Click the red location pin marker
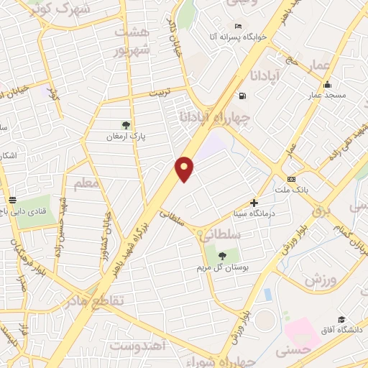pos(185,168)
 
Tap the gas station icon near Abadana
pos(242,96)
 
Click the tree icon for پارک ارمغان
pos(126,125)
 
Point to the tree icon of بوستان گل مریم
pos(221,255)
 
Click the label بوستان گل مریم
pos(223,267)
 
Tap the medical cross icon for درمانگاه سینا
pos(254,203)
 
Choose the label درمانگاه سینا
pos(254,213)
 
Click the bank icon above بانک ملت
pos(291,179)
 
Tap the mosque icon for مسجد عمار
pos(327,84)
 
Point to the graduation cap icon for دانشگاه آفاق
pos(341,319)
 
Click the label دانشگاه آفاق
pos(341,330)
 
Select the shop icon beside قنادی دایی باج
pos(12,200)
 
